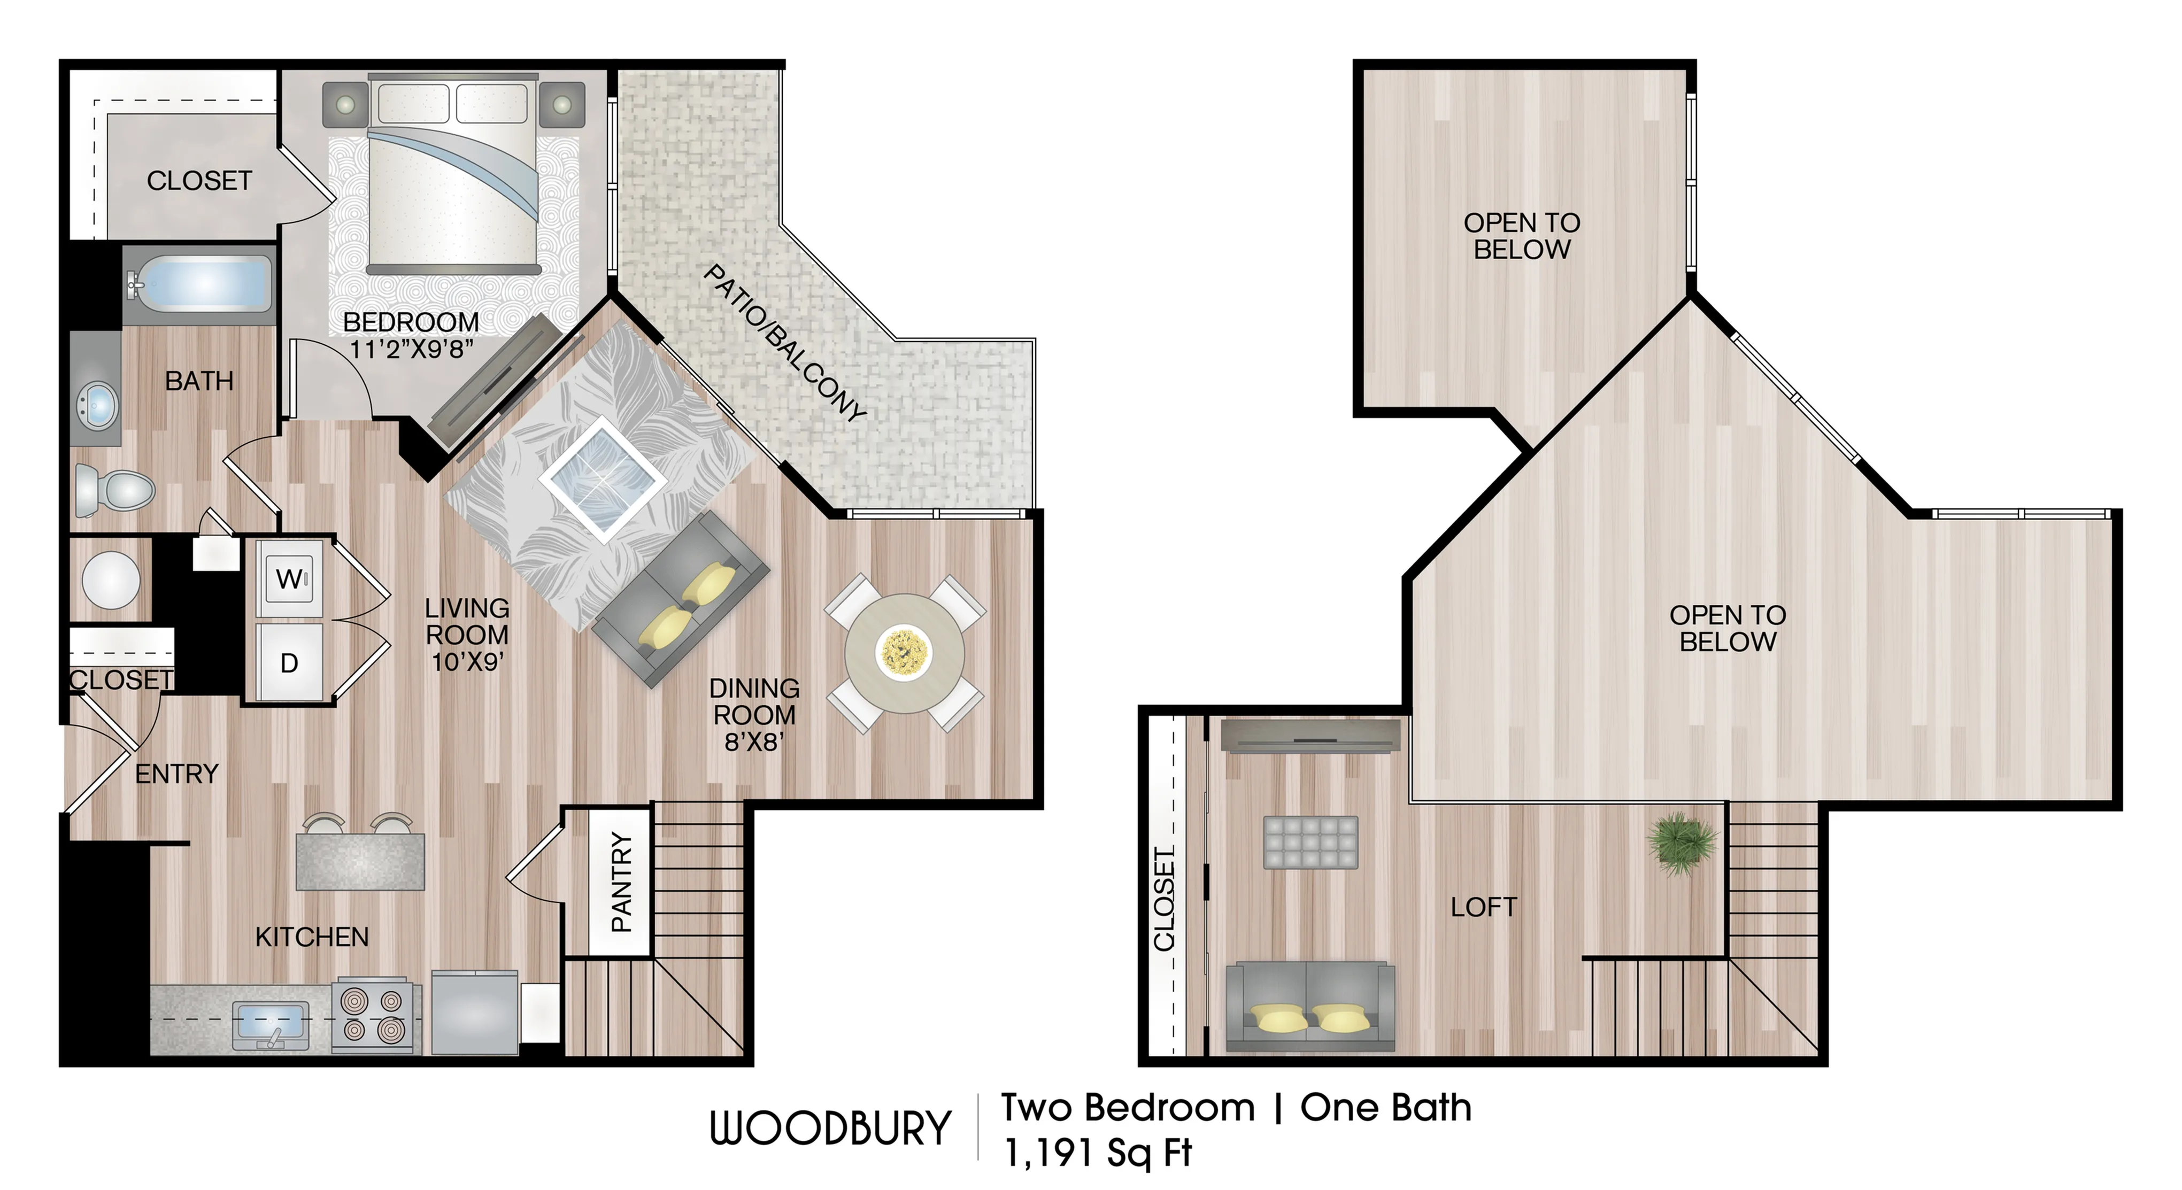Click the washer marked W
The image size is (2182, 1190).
(x=289, y=579)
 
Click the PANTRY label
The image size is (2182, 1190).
(x=621, y=883)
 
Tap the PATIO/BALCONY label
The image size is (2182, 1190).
(x=784, y=343)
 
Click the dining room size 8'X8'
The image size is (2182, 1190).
(x=754, y=742)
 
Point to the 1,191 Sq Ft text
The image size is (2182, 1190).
(x=1097, y=1153)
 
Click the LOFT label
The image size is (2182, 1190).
(x=1483, y=907)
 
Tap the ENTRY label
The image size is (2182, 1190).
(x=176, y=774)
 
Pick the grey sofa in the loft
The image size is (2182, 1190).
(x=1309, y=1006)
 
